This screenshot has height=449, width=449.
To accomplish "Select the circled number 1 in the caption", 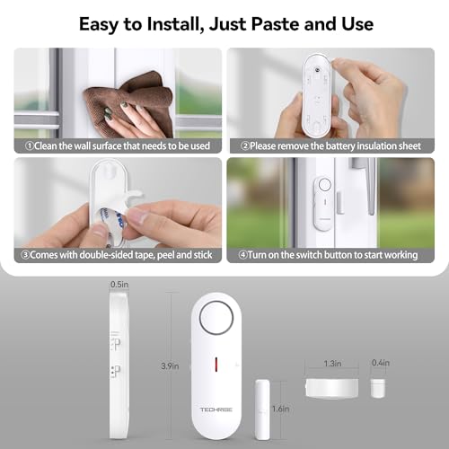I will click(30, 145).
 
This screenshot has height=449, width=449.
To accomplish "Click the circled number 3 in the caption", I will click(30, 255).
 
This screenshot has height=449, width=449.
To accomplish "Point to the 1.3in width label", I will click(331, 364).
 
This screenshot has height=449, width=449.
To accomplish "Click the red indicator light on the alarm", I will click(217, 364).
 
